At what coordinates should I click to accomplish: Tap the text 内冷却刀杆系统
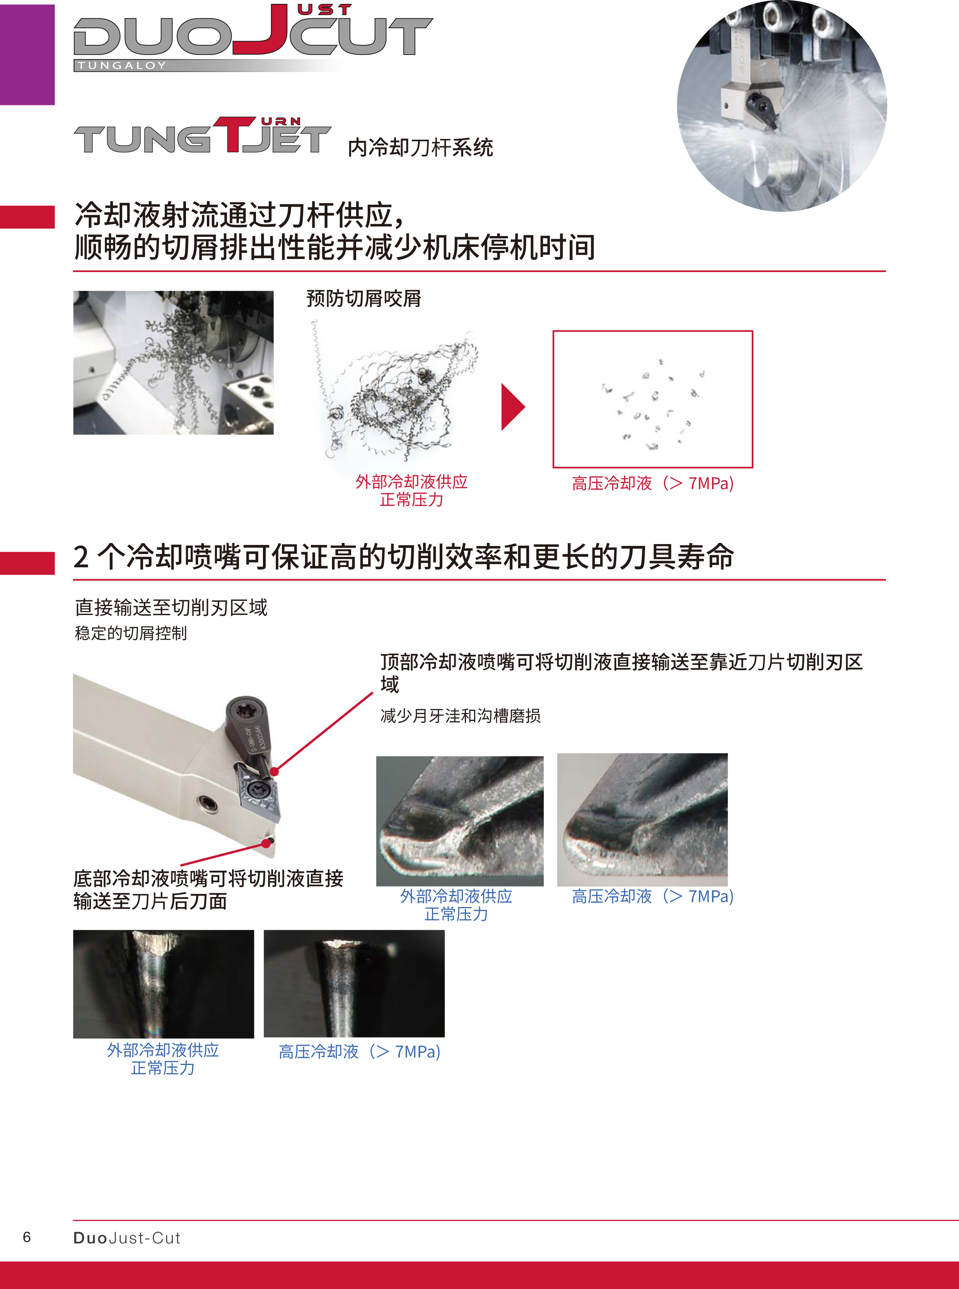click(420, 147)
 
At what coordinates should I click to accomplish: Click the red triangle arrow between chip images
click(513, 407)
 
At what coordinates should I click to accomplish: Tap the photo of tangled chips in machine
click(173, 363)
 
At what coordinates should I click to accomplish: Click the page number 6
click(27, 1237)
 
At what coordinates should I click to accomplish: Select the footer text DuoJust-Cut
click(126, 1238)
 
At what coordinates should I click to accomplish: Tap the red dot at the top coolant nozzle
click(275, 771)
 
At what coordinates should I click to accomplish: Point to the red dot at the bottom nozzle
click(266, 843)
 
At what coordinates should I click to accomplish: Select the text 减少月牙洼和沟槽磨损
click(460, 716)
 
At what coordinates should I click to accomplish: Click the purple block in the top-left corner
click(27, 54)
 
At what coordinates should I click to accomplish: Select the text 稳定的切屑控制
click(131, 633)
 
